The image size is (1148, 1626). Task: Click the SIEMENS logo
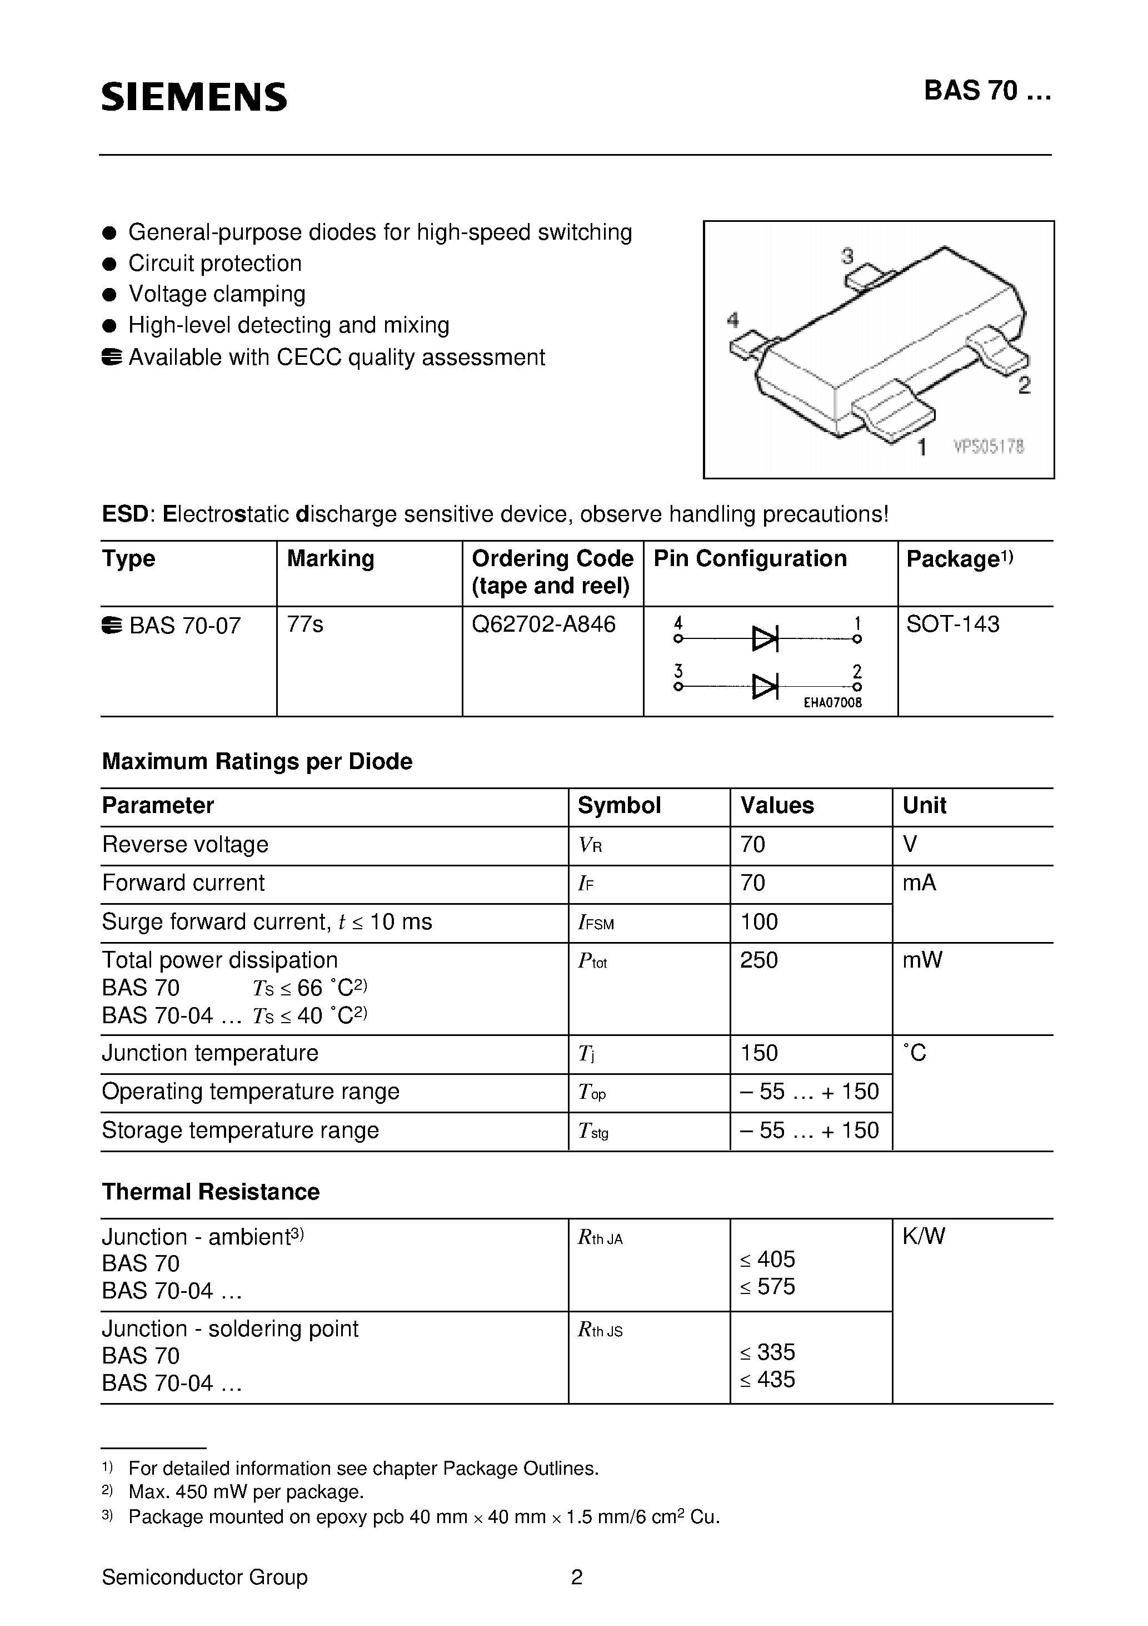click(193, 96)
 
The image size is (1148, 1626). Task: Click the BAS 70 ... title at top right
click(987, 91)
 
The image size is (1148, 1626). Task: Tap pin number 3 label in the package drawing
click(847, 256)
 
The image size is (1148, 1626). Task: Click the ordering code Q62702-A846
click(543, 624)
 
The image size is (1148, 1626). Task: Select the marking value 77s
click(305, 624)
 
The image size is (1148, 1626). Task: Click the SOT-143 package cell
click(952, 624)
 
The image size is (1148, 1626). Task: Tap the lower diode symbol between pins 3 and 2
click(765, 686)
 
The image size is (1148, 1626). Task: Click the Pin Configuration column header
click(750, 559)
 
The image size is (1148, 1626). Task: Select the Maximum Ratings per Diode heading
click(257, 761)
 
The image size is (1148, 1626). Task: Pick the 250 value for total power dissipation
click(758, 960)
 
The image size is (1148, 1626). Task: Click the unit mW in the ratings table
click(922, 960)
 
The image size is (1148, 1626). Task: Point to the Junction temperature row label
click(210, 1053)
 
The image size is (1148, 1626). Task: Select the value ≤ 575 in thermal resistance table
click(768, 1286)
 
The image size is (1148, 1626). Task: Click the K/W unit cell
click(924, 1237)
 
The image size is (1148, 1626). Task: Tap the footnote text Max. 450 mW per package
click(246, 1492)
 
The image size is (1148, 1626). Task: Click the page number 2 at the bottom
click(577, 1577)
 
